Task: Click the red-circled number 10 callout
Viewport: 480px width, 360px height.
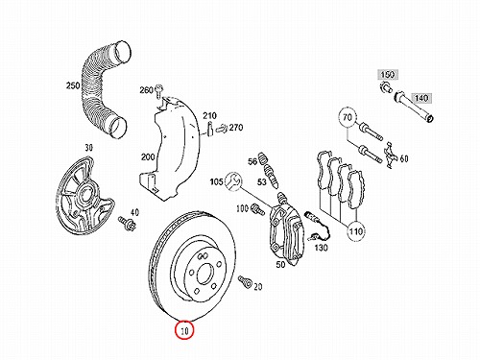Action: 184,329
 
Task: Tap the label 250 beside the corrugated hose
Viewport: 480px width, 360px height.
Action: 73,85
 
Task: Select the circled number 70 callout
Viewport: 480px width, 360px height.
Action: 348,118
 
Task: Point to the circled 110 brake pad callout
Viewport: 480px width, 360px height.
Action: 356,230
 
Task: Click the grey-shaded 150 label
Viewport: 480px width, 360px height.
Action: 388,75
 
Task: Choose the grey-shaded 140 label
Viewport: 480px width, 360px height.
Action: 421,98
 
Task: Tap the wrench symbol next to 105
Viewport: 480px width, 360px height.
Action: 234,181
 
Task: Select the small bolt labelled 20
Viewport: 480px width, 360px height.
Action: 245,281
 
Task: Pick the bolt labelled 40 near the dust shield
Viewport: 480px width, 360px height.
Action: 127,223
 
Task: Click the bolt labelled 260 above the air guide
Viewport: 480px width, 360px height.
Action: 158,90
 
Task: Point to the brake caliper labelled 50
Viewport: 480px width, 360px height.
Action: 287,233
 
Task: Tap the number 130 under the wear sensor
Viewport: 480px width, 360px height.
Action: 321,248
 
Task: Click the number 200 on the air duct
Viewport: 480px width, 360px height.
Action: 148,156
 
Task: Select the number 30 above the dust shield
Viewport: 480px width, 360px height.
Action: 88,148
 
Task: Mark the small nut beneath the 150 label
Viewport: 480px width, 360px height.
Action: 387,86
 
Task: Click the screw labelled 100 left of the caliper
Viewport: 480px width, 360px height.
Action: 258,209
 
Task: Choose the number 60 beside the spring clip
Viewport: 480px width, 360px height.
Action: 404,158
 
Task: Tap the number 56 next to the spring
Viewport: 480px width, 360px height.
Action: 252,161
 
